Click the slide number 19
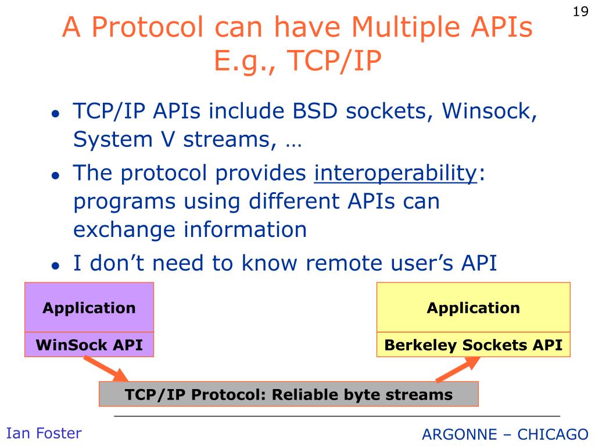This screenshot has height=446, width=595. [x=580, y=12]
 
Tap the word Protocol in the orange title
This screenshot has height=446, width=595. [x=148, y=27]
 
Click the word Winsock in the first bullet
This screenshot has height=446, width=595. [x=489, y=111]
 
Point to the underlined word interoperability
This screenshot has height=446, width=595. [x=395, y=174]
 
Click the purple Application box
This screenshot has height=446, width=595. [x=89, y=307]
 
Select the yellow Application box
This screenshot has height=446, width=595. [x=473, y=307]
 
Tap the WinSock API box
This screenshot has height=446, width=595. [x=89, y=345]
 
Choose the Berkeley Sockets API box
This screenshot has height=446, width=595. [x=473, y=345]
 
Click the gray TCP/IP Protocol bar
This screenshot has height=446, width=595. [x=289, y=394]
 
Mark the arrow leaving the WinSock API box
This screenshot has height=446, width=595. [x=106, y=369]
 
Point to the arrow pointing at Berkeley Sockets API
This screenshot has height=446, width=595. [x=458, y=369]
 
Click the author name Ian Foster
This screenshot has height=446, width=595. [x=44, y=433]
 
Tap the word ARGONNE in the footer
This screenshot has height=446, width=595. [x=460, y=434]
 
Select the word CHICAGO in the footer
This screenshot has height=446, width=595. [x=553, y=434]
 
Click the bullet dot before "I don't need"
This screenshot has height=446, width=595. [x=56, y=265]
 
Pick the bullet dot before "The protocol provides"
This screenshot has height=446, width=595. [x=56, y=175]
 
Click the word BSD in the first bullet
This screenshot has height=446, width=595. [x=315, y=111]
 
